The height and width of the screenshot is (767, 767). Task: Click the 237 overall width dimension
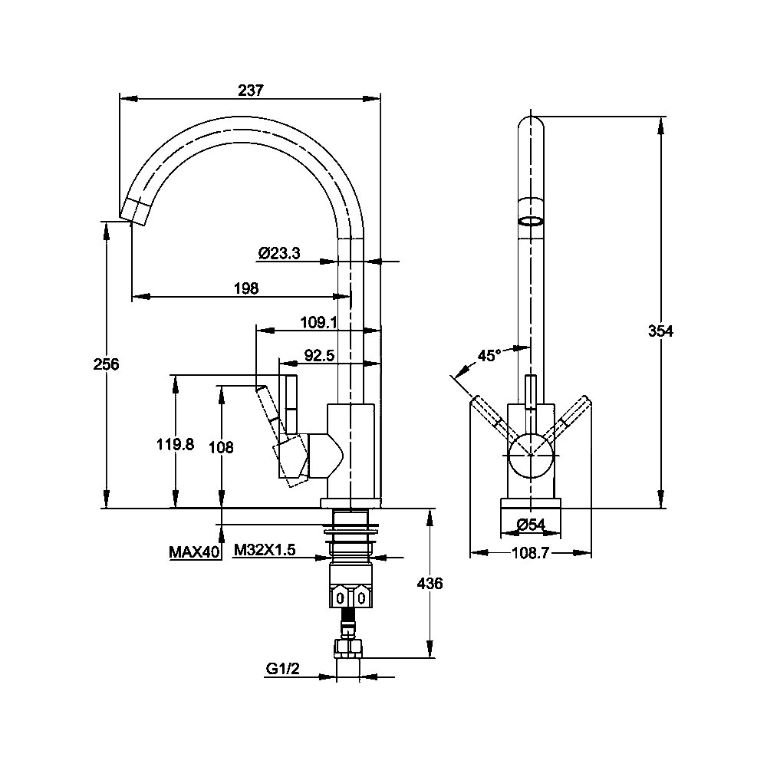(251, 90)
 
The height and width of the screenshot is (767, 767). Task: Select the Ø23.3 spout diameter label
(279, 253)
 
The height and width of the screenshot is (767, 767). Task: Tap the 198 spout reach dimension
(246, 288)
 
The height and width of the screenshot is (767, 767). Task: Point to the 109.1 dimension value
(318, 322)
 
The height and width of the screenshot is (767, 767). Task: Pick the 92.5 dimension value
(319, 356)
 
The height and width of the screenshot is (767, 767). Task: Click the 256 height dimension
(106, 364)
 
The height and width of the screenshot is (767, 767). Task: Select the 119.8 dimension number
(175, 444)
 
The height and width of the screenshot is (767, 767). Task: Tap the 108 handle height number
(221, 446)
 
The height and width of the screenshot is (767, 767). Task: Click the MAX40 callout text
(194, 552)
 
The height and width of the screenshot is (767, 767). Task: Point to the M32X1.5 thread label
(265, 550)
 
